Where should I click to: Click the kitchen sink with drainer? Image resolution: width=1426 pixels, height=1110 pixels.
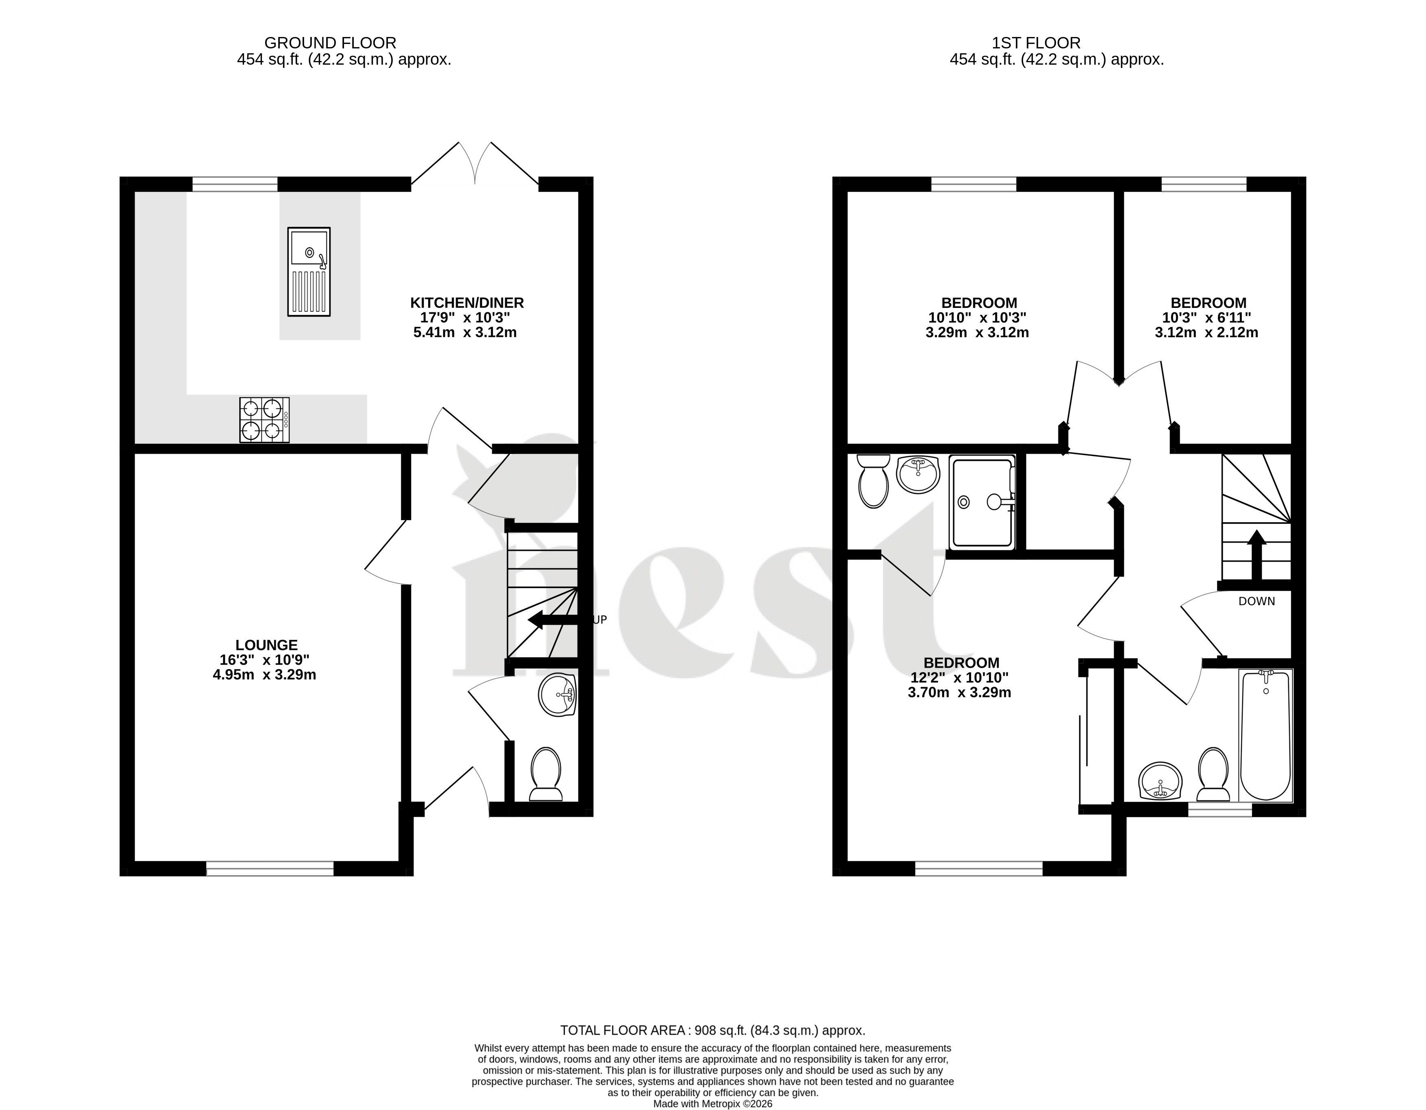coord(309,271)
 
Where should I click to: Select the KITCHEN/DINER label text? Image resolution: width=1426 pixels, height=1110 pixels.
coord(467,303)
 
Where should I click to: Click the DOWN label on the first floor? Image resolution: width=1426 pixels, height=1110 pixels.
coord(1257,601)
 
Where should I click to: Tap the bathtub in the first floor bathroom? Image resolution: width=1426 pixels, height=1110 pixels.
coord(1265,735)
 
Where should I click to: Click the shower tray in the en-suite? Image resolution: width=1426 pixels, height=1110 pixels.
coord(982,502)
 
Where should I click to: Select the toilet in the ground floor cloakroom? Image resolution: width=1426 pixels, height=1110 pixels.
coord(546,774)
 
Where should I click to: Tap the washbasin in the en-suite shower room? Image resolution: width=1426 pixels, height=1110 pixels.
coord(918,474)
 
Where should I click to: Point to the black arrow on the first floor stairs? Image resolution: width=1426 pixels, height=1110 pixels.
coord(1256,555)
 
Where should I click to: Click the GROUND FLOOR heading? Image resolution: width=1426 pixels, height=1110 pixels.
coord(331,43)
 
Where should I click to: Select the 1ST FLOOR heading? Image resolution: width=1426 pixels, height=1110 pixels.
coord(1036,43)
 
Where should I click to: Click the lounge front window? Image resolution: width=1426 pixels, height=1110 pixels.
coord(270,868)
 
